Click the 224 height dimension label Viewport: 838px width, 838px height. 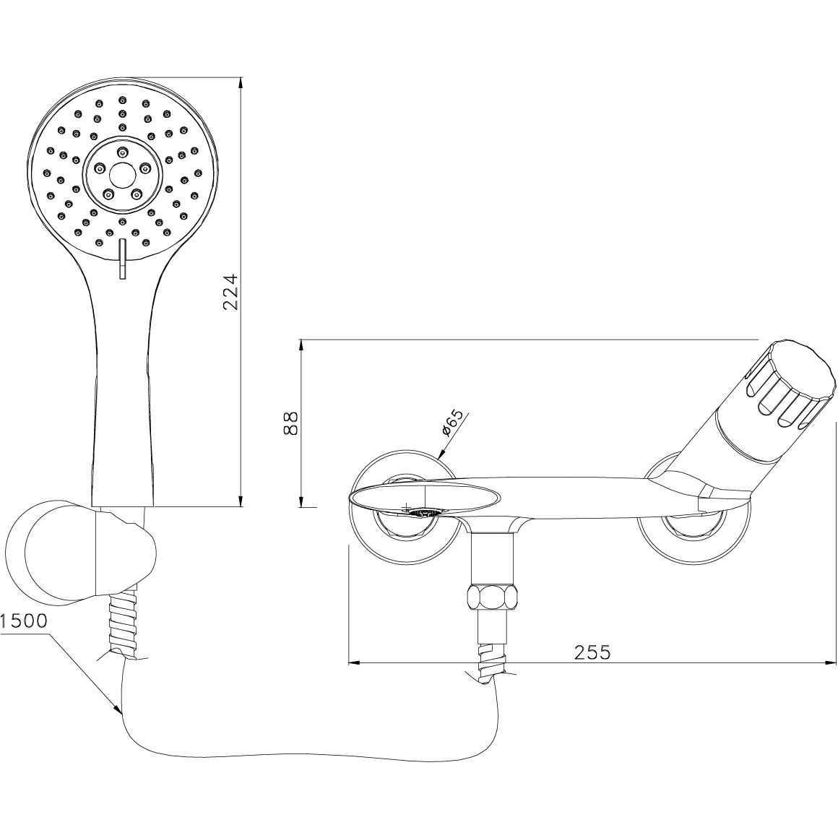[x=230, y=293]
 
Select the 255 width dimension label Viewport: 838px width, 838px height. [x=592, y=652]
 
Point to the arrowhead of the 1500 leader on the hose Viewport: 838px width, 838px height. [x=118, y=712]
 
